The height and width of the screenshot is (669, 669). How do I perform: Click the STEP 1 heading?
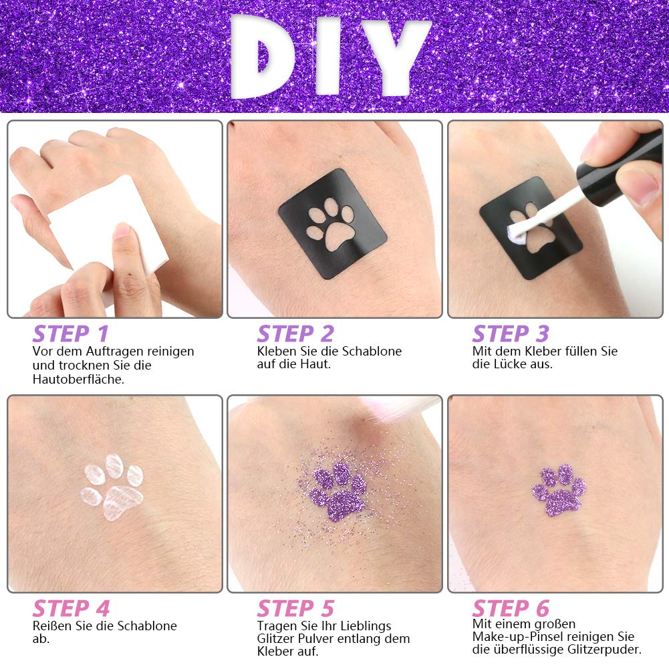pos(71,333)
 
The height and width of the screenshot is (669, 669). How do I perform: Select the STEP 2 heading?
pos(295,333)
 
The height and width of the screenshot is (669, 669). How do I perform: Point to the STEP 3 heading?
pos(511,333)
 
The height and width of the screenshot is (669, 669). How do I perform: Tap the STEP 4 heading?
pos(72,608)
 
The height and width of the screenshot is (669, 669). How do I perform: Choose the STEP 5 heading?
pos(295,608)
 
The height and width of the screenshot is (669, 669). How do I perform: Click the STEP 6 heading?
pos(511,608)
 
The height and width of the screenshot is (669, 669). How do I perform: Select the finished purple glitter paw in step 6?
pos(559,491)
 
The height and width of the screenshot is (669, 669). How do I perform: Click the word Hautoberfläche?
pos(78,380)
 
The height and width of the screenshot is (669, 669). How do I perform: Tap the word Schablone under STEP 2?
pos(372,351)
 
